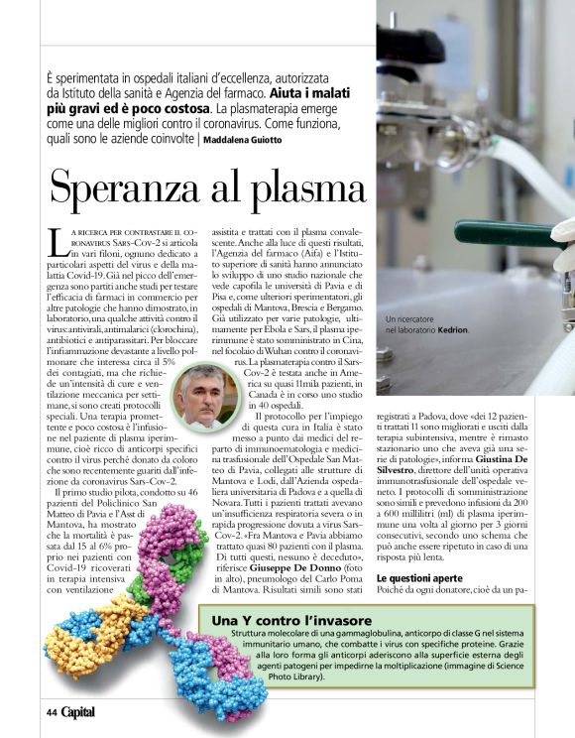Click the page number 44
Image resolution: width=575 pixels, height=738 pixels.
coord(52,711)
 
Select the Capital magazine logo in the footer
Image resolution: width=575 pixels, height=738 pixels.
coord(79,711)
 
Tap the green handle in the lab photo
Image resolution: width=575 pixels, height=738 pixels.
coord(506,234)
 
